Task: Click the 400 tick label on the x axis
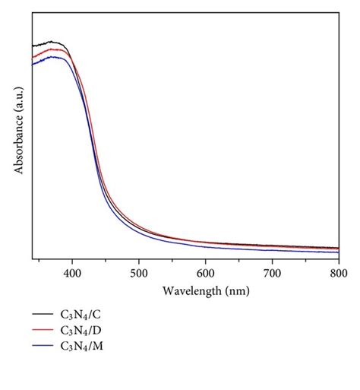point(71,271)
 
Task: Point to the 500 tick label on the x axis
point(138,271)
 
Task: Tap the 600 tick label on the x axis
point(205,271)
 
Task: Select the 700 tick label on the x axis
point(272,271)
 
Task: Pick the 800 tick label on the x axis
point(338,271)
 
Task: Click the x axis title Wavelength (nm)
point(205,290)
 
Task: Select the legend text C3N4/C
point(79,313)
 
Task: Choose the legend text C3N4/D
point(79,330)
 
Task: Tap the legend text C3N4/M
point(80,347)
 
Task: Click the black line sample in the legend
point(43,313)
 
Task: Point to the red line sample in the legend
point(43,330)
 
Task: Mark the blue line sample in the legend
point(43,347)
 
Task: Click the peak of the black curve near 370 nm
point(52,42)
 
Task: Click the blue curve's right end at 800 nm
point(338,252)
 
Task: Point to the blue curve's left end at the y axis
point(33,65)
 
